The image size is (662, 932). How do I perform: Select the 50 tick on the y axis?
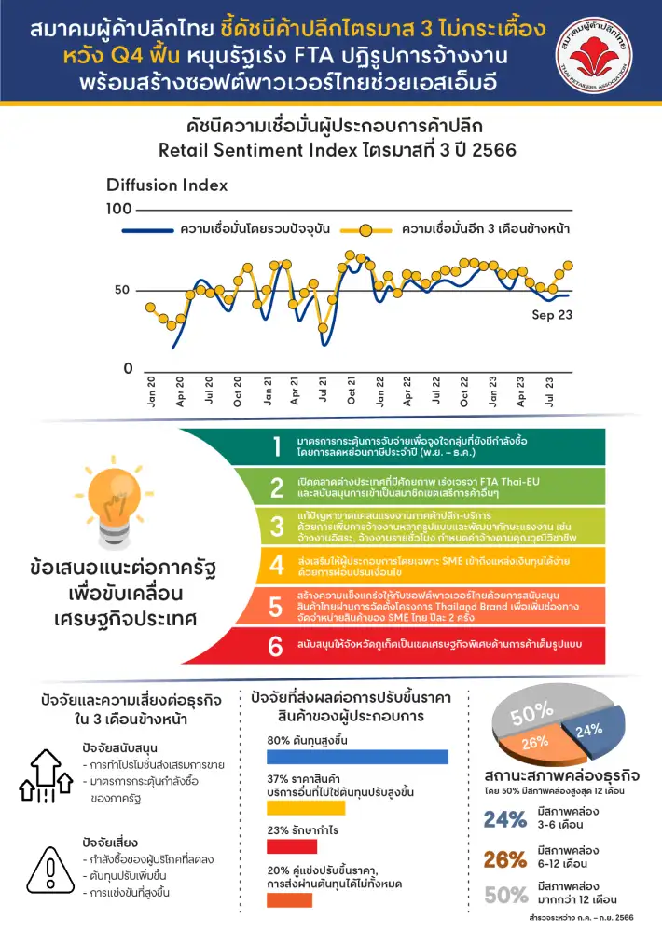[x=123, y=290]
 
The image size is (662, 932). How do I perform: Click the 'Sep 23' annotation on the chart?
[x=552, y=314]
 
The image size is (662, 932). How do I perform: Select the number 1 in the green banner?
[x=277, y=445]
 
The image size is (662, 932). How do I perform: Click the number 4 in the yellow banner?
[x=277, y=565]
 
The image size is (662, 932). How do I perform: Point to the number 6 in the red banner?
[x=277, y=645]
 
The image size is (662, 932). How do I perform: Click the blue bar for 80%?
[x=357, y=756]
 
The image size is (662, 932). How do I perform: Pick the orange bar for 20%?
[x=289, y=899]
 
